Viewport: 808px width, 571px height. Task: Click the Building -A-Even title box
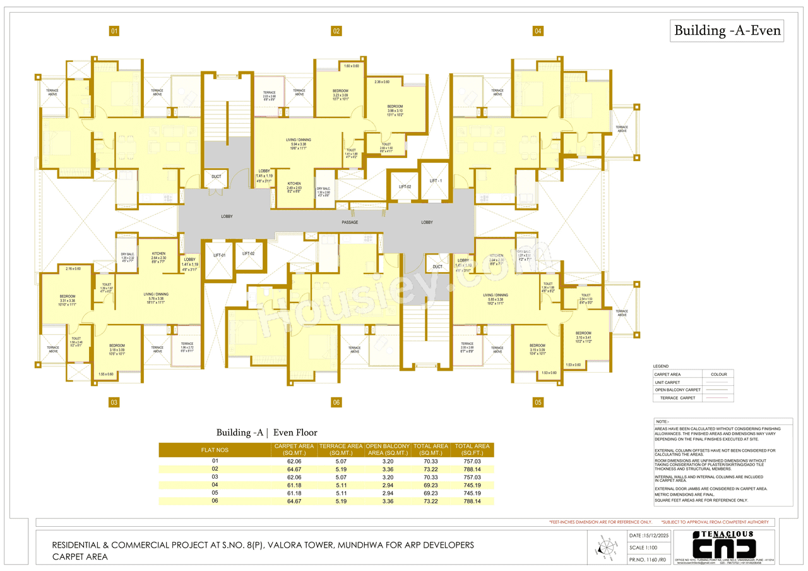(727, 30)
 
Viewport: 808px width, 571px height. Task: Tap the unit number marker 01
(114, 31)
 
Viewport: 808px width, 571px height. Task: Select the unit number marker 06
(336, 402)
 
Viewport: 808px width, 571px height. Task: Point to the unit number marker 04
(538, 31)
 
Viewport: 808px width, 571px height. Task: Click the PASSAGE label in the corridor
(350, 222)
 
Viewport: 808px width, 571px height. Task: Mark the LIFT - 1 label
(436, 181)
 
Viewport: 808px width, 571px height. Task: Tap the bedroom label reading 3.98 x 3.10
(395, 109)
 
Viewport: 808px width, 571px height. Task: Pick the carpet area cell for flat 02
(294, 469)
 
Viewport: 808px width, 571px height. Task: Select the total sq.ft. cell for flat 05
(472, 493)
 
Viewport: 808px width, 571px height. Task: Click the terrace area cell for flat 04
(341, 485)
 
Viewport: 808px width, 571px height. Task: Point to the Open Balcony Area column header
(388, 449)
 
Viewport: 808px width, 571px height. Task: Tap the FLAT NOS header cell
(215, 450)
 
